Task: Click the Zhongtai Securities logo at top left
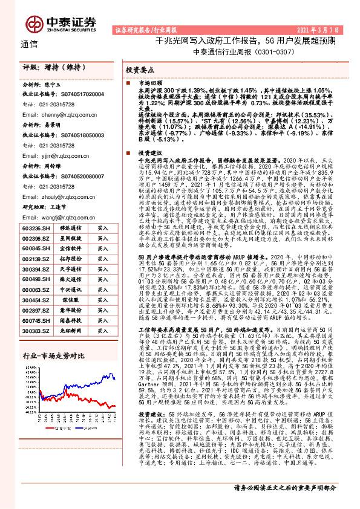[x=60, y=22]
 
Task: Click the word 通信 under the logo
[x=30, y=44]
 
